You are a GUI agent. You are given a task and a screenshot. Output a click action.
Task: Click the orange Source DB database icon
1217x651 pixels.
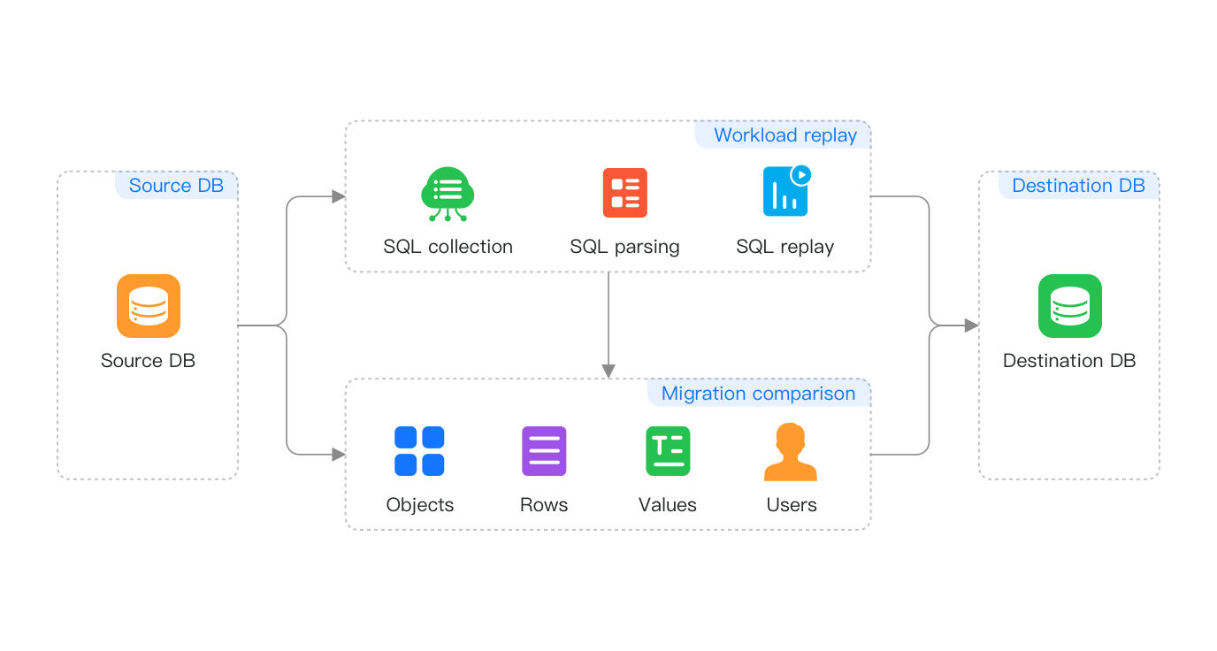[x=149, y=306]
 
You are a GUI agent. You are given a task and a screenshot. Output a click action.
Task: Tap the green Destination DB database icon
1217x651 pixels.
[x=1069, y=306]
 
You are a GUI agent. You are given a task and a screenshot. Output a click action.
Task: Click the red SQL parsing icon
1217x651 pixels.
[x=624, y=193]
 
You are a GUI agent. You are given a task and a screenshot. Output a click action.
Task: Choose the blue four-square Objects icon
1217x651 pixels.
[x=419, y=451]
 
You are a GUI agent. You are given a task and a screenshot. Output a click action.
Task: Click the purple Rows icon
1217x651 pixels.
[x=544, y=451]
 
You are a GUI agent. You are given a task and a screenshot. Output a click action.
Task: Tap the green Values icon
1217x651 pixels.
[x=668, y=451]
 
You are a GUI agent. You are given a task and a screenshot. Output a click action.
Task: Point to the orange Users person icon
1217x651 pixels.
[x=790, y=451]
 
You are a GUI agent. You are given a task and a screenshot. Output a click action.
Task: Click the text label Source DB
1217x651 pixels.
[x=148, y=361]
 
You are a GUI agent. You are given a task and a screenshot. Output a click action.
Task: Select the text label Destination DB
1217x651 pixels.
[x=1069, y=361]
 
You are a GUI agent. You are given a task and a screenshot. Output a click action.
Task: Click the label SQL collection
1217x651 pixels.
[x=448, y=247]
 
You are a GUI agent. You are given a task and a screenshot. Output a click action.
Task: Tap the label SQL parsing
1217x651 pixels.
[x=624, y=247]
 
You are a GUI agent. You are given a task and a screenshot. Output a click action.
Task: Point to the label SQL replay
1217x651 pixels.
[x=785, y=247]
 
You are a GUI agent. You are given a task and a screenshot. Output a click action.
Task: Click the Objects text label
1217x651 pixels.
[x=420, y=505]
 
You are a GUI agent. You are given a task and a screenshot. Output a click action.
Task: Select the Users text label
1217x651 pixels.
[x=792, y=505]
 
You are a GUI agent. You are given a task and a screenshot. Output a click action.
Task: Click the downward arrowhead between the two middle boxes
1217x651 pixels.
[x=608, y=371]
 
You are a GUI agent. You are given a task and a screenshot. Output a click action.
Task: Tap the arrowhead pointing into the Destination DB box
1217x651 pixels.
[x=971, y=325]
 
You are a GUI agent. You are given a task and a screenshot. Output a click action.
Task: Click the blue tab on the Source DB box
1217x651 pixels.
[x=177, y=185]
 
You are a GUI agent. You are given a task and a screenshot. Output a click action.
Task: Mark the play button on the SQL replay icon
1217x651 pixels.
[x=801, y=174]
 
